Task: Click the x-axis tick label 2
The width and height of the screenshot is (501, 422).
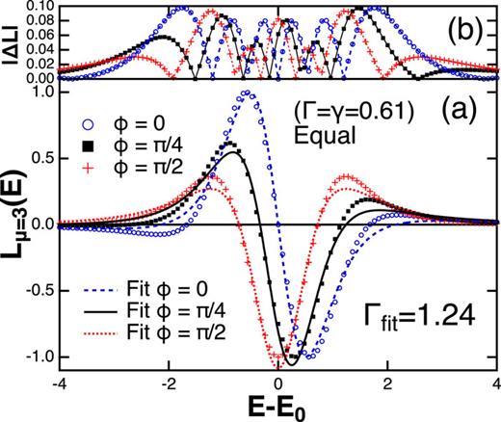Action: [x=387, y=384]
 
